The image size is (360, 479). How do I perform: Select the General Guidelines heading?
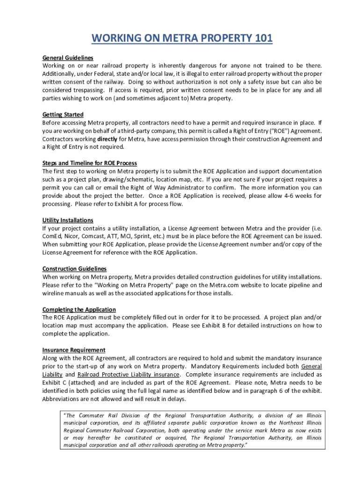[68, 58]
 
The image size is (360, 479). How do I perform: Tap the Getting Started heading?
[63, 115]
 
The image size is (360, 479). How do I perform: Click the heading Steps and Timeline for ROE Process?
[90, 163]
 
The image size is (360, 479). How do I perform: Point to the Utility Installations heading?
[68, 220]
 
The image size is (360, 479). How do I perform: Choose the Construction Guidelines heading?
[74, 269]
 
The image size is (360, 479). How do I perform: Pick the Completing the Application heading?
[79, 310]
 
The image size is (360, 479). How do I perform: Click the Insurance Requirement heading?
[74, 350]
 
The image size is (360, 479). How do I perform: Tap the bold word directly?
[110, 139]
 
